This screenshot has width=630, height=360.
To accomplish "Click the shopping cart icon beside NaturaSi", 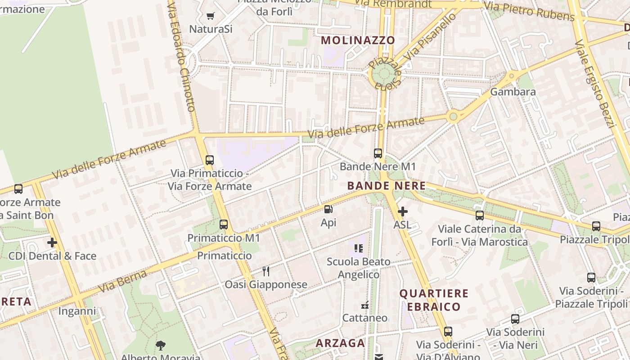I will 210,16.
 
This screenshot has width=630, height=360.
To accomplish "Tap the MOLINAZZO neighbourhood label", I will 358,40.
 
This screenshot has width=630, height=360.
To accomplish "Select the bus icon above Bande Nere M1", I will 378,153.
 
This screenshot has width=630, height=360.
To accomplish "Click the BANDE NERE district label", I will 387,185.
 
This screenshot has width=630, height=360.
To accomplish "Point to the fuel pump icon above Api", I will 328,209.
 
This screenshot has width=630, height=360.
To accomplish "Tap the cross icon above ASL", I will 403,211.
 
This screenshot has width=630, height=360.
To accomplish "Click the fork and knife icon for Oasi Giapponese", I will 266,271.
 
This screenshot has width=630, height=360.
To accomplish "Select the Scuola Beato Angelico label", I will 359,268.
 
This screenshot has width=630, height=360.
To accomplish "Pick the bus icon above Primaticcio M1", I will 224,225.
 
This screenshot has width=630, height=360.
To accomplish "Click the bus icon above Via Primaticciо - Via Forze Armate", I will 210,160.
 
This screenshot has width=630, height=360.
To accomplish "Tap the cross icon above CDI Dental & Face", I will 52,243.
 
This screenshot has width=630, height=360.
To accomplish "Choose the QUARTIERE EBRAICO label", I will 434,300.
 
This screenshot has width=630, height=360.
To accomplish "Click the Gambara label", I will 513,92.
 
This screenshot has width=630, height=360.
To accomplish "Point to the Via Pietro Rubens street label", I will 529,11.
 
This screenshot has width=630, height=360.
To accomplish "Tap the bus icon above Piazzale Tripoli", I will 596,226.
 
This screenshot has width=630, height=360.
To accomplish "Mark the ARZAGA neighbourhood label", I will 340,343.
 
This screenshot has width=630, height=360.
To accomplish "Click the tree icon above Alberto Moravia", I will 160,346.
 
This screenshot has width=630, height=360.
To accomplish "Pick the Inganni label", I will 77,311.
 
